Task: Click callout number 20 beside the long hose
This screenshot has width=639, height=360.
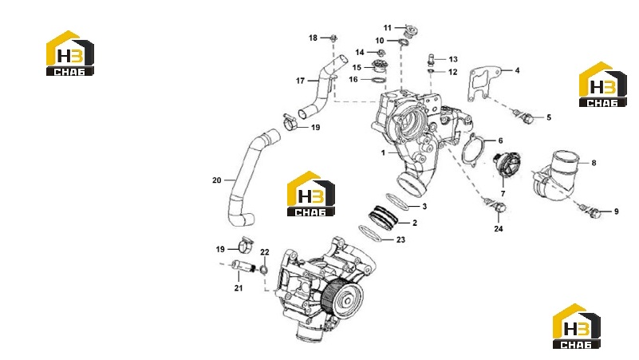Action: [x=217, y=180]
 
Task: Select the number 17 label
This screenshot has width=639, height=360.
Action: [x=300, y=81]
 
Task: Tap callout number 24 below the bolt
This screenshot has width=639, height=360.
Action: [x=499, y=229]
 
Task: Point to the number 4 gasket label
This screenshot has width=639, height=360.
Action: [x=517, y=70]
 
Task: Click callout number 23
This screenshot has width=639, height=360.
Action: [x=401, y=239]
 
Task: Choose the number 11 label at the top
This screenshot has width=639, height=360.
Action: [x=387, y=28]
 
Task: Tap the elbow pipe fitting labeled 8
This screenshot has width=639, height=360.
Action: [x=556, y=175]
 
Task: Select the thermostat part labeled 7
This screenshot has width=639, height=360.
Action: [x=506, y=164]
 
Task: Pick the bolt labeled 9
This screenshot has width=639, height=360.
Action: [x=591, y=211]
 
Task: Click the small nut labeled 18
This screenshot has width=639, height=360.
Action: [x=333, y=38]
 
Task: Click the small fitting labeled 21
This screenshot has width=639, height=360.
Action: [x=243, y=267]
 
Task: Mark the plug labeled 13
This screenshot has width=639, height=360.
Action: [x=430, y=59]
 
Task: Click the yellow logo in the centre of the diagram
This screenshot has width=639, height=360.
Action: [x=311, y=193]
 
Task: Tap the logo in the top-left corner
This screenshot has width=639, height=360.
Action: [x=70, y=53]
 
